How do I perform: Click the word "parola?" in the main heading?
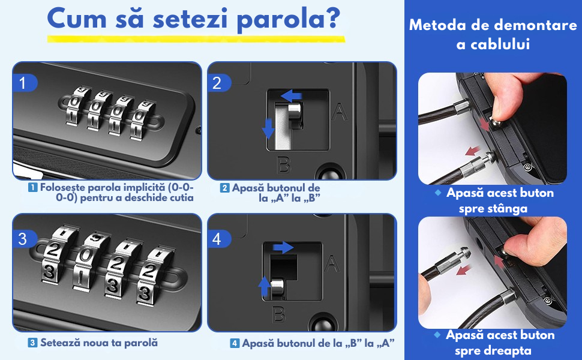(288, 19)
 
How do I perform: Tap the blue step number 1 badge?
(25, 83)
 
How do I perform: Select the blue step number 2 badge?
(219, 83)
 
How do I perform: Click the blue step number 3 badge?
(25, 239)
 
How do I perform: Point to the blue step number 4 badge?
(219, 239)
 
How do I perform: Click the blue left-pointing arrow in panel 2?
(292, 96)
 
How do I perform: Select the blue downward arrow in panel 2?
(268, 128)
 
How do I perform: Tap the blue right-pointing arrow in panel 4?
(283, 247)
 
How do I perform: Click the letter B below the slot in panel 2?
(284, 165)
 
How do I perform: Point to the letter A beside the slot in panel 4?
(331, 263)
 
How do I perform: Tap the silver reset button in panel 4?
(277, 289)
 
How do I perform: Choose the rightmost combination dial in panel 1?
(142, 119)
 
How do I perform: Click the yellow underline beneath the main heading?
(196, 39)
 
